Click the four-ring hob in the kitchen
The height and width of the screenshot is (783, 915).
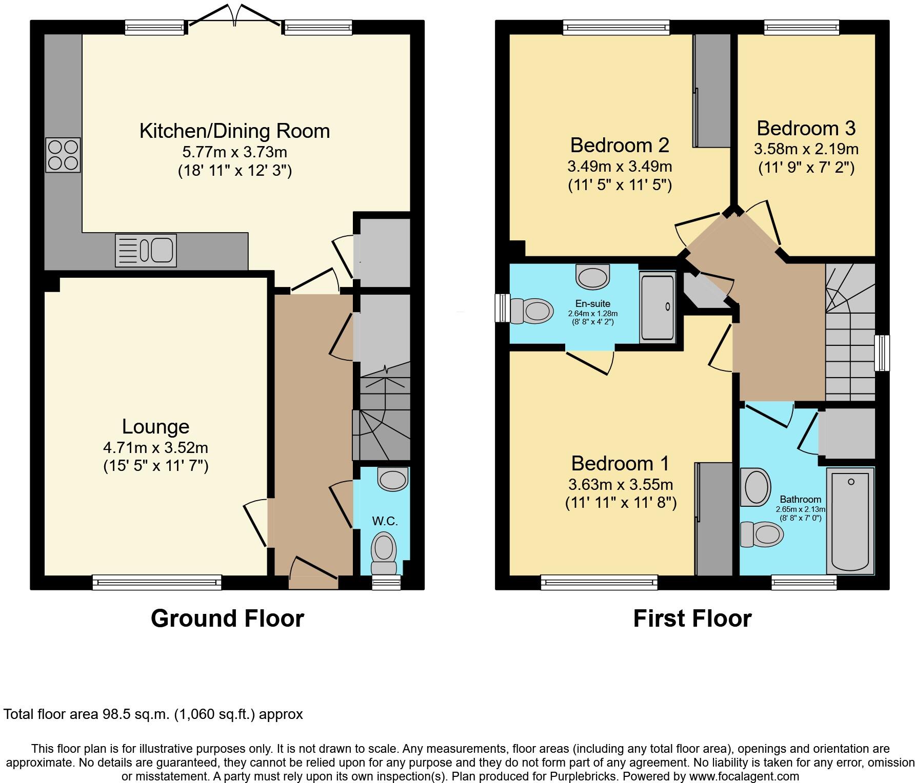tap(63, 155)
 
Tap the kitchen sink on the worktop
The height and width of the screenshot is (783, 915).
tap(146, 250)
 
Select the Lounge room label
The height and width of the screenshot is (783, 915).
tap(156, 426)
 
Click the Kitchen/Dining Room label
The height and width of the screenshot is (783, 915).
tap(235, 131)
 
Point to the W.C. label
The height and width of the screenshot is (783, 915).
tap(385, 521)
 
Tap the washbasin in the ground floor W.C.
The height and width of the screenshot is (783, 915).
tap(393, 478)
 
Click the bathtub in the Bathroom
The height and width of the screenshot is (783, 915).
tap(850, 521)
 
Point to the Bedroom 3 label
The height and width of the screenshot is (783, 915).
tap(806, 128)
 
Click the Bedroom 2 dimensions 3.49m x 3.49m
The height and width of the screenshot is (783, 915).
tap(620, 166)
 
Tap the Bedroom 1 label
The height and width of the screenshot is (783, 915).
tap(621, 463)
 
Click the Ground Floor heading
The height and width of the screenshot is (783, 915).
tap(227, 619)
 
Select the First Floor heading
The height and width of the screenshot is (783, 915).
tap(692, 619)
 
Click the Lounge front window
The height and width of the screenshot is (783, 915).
tap(157, 582)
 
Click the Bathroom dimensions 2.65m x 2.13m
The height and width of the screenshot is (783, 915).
tap(801, 509)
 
